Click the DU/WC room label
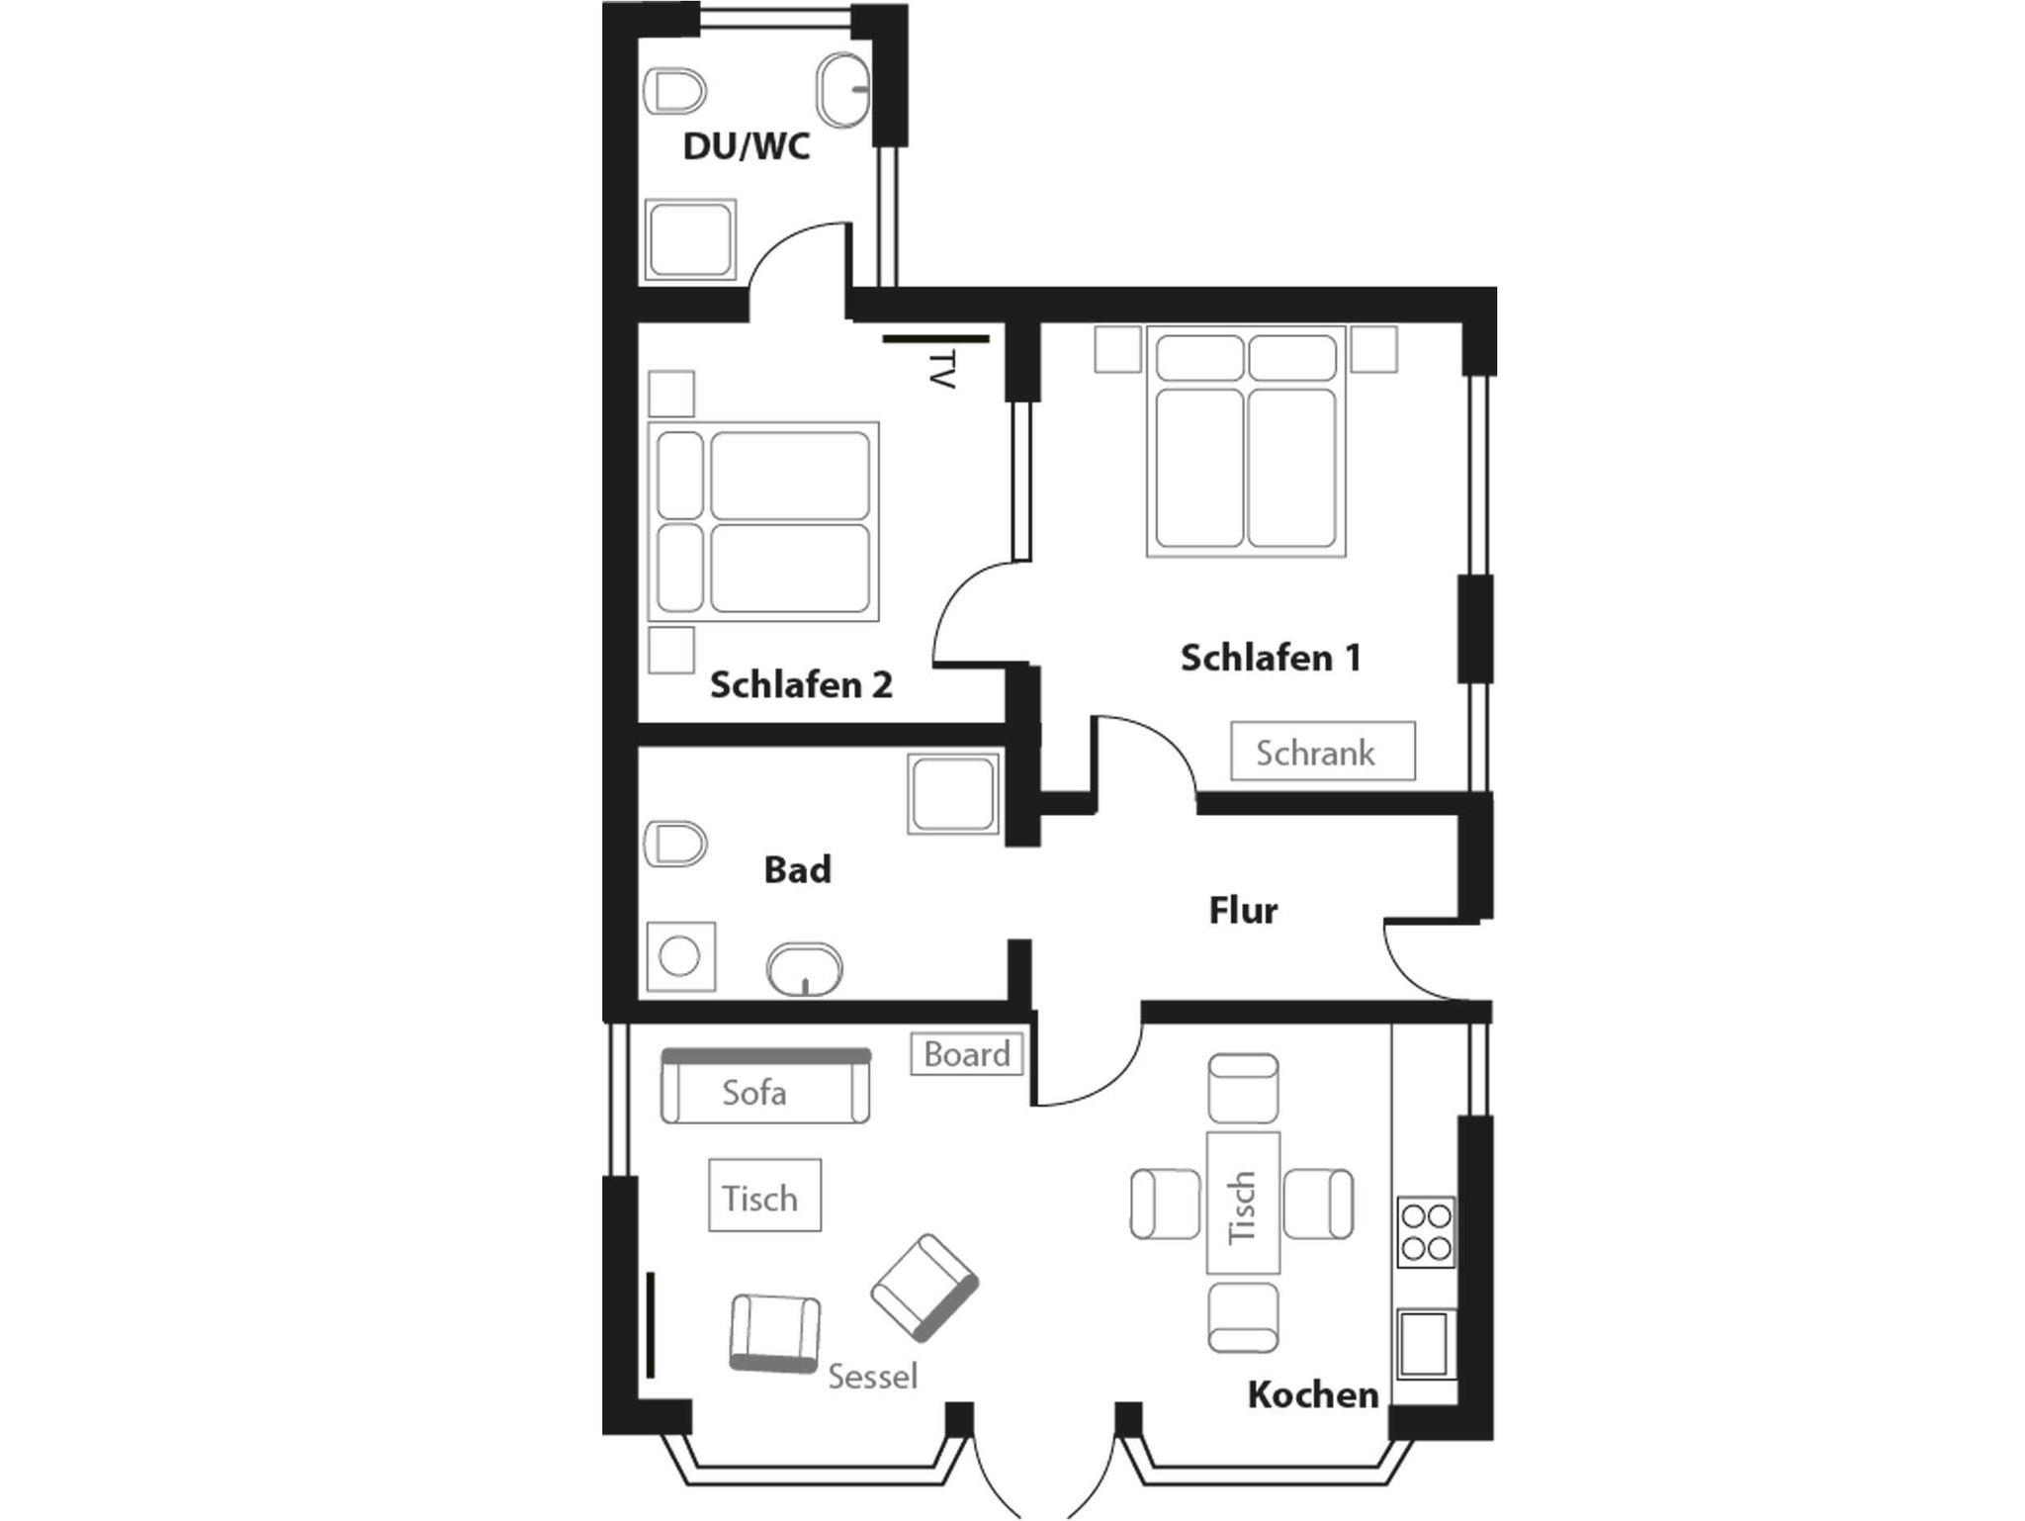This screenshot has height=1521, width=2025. (x=747, y=146)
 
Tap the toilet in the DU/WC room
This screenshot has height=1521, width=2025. (x=675, y=91)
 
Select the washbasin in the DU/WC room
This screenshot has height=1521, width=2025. (x=843, y=89)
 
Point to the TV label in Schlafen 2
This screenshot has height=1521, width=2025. (x=943, y=368)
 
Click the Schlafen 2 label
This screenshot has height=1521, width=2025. (x=801, y=684)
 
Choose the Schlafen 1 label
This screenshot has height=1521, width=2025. (x=1271, y=658)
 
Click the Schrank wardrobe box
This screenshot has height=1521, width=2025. (x=1323, y=752)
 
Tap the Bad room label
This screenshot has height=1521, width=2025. (x=797, y=870)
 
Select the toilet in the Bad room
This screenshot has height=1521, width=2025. (x=675, y=844)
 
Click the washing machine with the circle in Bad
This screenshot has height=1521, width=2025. (x=680, y=957)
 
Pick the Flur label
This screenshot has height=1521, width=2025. (x=1243, y=910)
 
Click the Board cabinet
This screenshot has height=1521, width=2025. (x=966, y=1054)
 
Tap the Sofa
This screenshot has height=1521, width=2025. (x=765, y=1086)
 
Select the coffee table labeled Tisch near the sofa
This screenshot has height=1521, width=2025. (x=764, y=1196)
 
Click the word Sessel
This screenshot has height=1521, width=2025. (x=872, y=1377)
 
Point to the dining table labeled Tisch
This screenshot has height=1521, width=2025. (x=1243, y=1203)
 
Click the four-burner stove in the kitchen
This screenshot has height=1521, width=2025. (x=1427, y=1232)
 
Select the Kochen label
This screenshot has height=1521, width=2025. (x=1313, y=1395)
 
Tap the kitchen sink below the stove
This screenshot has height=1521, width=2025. (x=1425, y=1343)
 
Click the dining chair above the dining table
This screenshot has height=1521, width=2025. (x=1243, y=1088)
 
